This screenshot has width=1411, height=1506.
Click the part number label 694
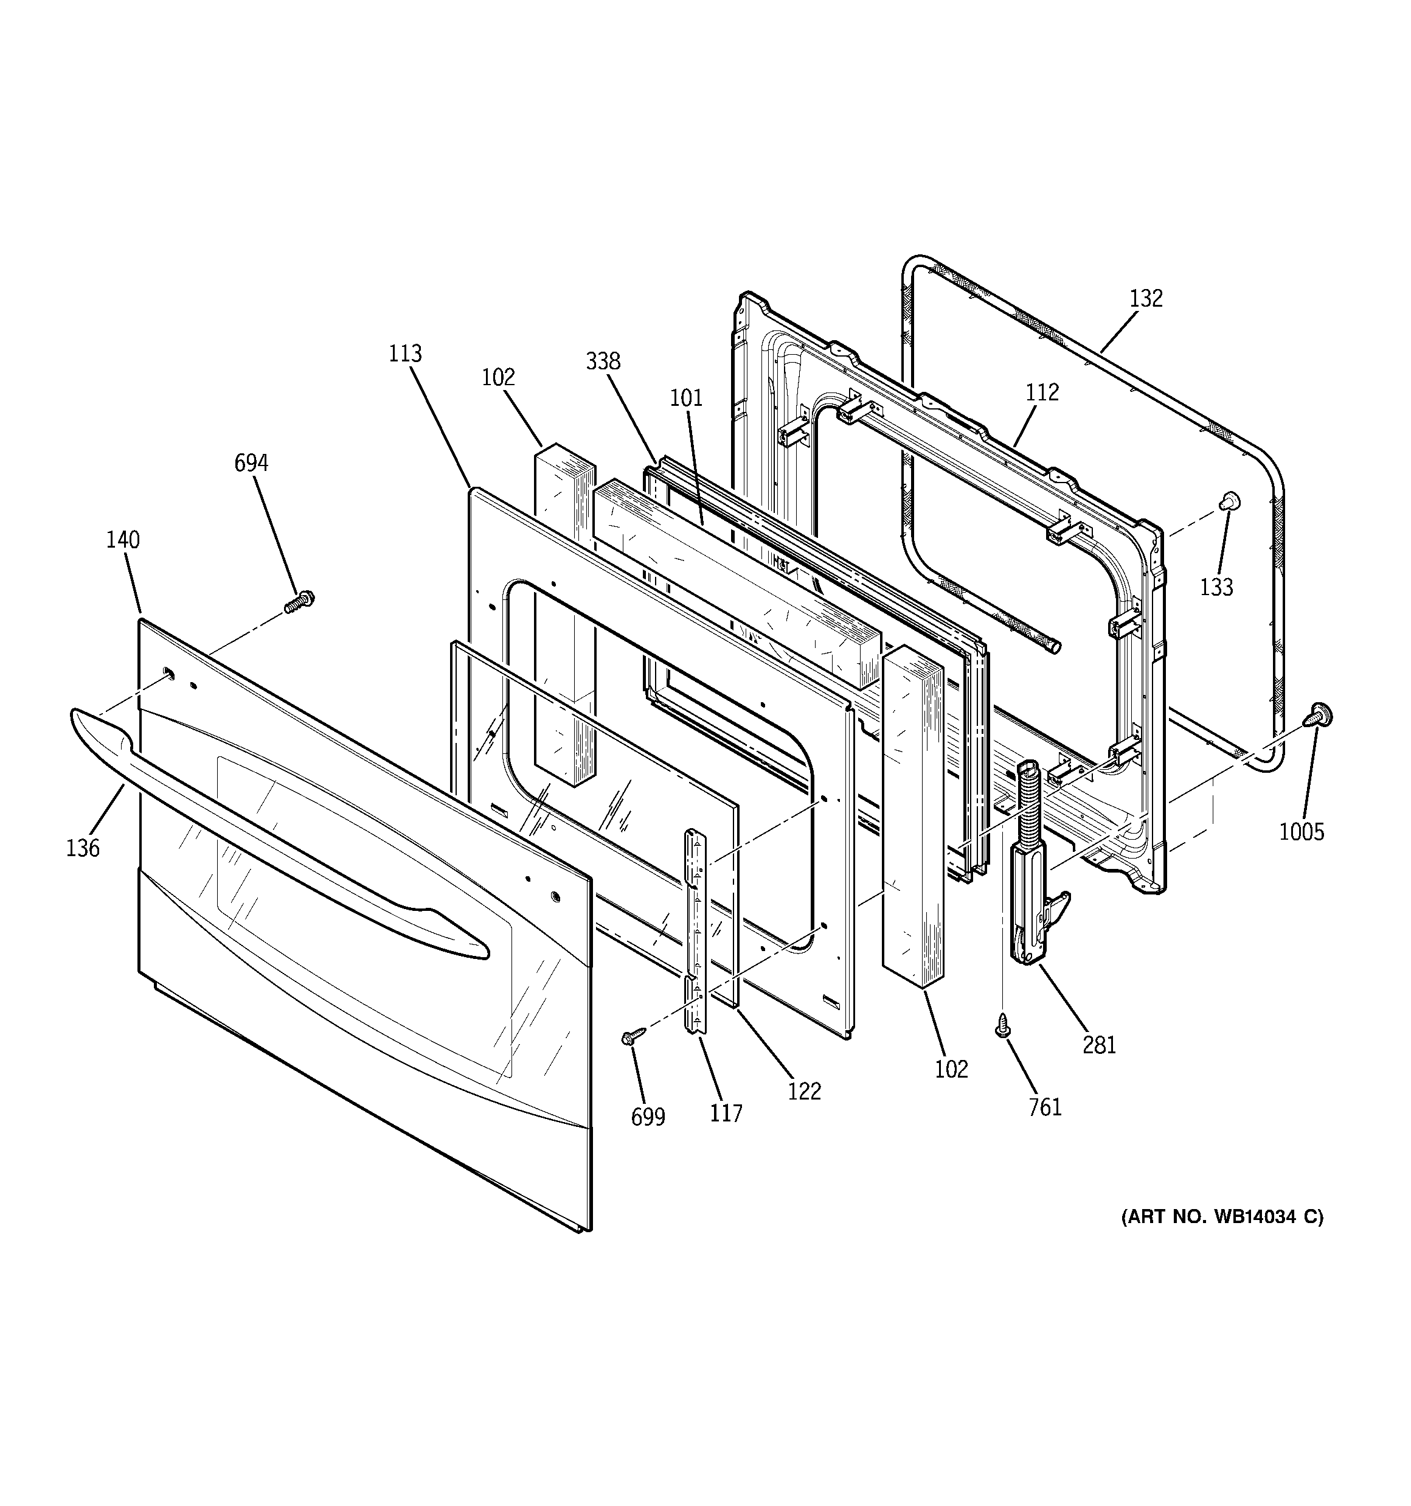click(x=251, y=463)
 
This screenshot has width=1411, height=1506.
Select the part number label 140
click(x=123, y=540)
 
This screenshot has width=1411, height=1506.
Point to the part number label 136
click(x=83, y=848)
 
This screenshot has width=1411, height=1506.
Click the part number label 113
click(x=405, y=354)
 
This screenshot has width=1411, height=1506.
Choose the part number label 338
click(x=603, y=361)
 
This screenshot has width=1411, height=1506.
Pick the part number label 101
click(x=685, y=398)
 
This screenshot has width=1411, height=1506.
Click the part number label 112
click(x=1042, y=392)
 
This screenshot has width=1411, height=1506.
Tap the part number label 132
click(x=1146, y=299)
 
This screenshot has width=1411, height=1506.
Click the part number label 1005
click(x=1301, y=832)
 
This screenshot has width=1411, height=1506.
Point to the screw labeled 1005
click(x=1319, y=714)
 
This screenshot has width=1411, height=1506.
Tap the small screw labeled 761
click(x=1003, y=1025)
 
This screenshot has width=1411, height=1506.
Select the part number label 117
click(x=726, y=1113)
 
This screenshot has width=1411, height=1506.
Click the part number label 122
click(x=803, y=1091)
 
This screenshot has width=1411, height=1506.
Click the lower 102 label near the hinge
click(x=951, y=1069)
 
